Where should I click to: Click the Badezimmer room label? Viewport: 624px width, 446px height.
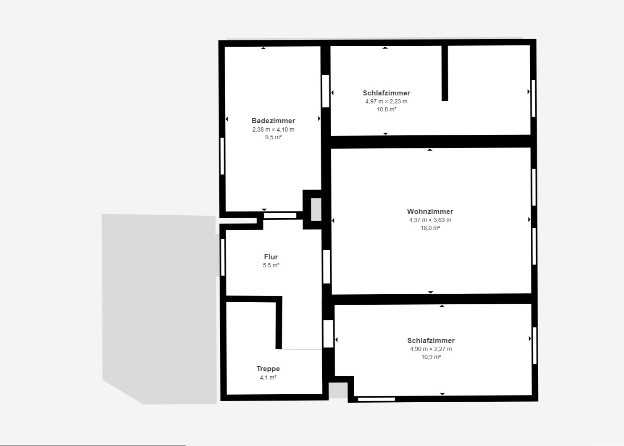pyautogui.click(x=273, y=121)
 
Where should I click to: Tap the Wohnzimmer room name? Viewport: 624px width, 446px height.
pyautogui.click(x=430, y=211)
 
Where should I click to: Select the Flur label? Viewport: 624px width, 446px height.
pyautogui.click(x=271, y=257)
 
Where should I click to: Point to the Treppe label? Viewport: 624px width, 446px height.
pyautogui.click(x=268, y=369)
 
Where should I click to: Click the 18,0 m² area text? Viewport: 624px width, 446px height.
pyautogui.click(x=430, y=228)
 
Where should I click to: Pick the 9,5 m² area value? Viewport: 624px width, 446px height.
pyautogui.click(x=273, y=137)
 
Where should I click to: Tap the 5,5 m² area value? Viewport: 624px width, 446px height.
pyautogui.click(x=271, y=265)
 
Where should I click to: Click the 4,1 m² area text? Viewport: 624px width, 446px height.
pyautogui.click(x=268, y=377)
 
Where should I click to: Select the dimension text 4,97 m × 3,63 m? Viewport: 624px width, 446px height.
pyautogui.click(x=430, y=220)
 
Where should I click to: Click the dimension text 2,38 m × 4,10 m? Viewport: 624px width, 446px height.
pyautogui.click(x=273, y=129)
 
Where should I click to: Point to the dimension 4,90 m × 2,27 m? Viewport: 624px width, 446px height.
pyautogui.click(x=431, y=349)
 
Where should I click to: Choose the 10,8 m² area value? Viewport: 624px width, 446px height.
pyautogui.click(x=386, y=109)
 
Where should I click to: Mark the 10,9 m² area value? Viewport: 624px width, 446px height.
pyautogui.click(x=431, y=357)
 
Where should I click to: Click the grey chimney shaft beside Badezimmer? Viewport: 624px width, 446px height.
pyautogui.click(x=316, y=209)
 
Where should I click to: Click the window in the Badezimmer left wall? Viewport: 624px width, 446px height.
pyautogui.click(x=222, y=156)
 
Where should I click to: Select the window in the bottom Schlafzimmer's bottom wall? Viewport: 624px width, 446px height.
pyautogui.click(x=376, y=399)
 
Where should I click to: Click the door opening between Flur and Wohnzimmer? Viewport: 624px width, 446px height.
pyautogui.click(x=326, y=267)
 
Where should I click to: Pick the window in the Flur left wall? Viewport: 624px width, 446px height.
pyautogui.click(x=223, y=257)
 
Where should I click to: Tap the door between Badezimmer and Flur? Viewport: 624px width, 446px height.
pyautogui.click(x=280, y=216)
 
